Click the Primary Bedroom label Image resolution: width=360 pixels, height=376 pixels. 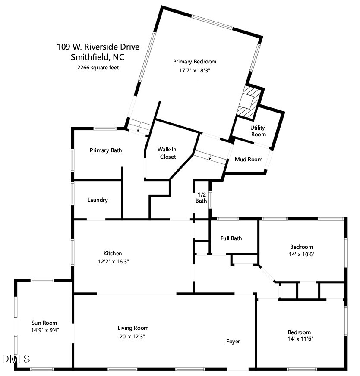tap(194, 61)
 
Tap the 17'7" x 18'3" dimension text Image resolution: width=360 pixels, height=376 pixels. tap(194, 70)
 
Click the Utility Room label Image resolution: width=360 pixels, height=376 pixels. tap(258, 131)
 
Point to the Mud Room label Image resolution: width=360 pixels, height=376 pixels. tap(248, 160)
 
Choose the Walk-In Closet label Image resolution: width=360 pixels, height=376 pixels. tap(168, 153)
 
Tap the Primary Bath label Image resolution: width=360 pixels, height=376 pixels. tap(106, 150)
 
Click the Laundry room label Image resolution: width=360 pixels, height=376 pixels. tap(98, 200)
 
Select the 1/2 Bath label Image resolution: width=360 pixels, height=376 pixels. tap(201, 197)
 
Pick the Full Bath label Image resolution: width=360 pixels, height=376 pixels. tap(231, 238)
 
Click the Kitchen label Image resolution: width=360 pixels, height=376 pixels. tap(113, 253)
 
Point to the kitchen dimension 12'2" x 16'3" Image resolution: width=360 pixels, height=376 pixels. tap(113, 261)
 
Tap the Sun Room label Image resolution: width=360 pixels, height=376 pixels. tap(44, 323)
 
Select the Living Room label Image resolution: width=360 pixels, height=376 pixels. tap(133, 328)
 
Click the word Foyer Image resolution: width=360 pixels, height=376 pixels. tap(233, 342)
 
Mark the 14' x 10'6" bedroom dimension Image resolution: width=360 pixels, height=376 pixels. tap(301, 254)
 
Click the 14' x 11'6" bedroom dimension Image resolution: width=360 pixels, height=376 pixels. tap(299, 339)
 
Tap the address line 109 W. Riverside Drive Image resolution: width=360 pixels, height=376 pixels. tap(92, 47)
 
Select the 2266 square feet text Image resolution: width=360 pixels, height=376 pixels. tap(98, 67)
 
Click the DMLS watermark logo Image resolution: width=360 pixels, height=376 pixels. tap(16, 359)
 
